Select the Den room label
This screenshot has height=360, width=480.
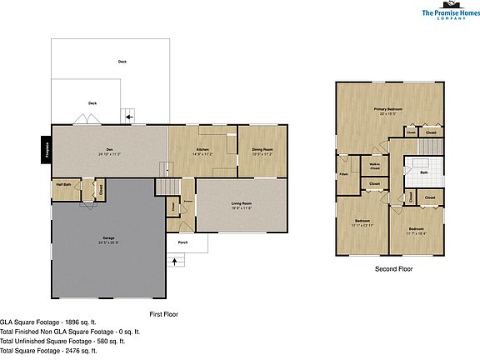(109, 149)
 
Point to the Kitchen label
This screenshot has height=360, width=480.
(202, 149)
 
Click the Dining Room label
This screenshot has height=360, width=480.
(262, 149)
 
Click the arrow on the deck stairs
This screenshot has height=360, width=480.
(126, 113)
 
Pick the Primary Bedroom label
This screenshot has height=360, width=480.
(387, 109)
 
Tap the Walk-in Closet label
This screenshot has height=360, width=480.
(375, 167)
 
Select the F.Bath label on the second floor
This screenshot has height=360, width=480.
(342, 174)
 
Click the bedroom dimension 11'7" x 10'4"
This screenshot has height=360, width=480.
(416, 232)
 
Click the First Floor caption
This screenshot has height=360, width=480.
(164, 314)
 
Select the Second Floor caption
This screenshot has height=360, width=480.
(392, 269)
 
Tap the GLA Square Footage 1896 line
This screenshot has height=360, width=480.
(51, 321)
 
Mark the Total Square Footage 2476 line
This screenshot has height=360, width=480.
(49, 351)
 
